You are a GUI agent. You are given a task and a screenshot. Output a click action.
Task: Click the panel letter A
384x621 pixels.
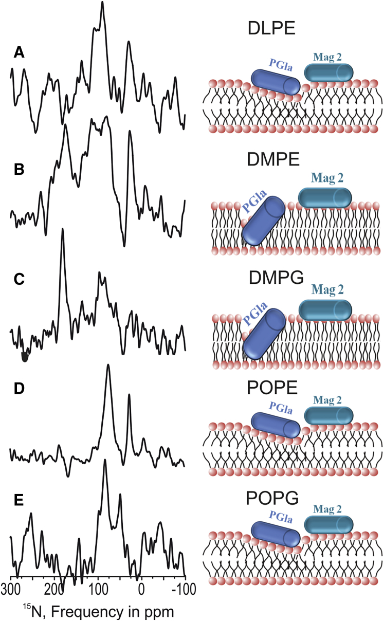[x=19, y=52]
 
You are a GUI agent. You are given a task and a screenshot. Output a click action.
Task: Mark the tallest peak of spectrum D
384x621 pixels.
[x=108, y=366]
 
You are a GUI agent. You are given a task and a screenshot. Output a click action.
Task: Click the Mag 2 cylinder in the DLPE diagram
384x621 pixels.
[x=329, y=72]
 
